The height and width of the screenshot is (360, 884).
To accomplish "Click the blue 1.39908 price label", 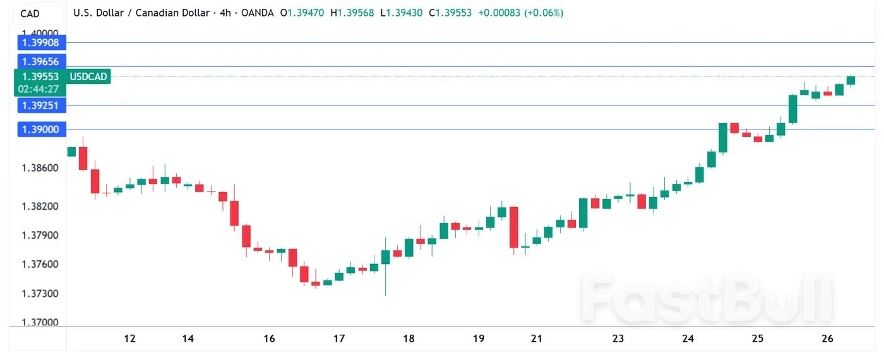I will [x=40, y=43].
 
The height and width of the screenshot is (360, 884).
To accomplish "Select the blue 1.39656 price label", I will [x=40, y=61].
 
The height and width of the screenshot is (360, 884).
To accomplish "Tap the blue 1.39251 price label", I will [x=40, y=105].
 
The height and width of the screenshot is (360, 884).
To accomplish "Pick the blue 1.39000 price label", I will [x=40, y=129].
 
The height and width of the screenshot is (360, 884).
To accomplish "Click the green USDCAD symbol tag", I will [x=89, y=76].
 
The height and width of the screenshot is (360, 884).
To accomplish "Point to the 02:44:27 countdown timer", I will [x=39, y=89].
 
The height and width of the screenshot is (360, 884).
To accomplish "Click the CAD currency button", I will [x=30, y=13].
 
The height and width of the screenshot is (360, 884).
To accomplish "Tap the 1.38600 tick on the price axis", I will [x=40, y=168].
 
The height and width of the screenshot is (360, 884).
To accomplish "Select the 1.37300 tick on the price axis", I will [x=40, y=294].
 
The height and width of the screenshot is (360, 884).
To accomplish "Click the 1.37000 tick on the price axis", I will [x=40, y=323].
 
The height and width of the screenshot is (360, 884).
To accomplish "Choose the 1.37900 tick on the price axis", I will [x=40, y=236].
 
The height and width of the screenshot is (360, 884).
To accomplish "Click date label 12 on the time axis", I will [x=129, y=339].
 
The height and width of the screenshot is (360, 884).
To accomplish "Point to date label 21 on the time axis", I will [x=537, y=339].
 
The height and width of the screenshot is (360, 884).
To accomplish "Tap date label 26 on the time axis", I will [x=828, y=339].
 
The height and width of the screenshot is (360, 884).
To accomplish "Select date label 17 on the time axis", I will [x=339, y=339].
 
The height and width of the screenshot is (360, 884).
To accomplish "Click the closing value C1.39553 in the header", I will [x=450, y=13].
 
